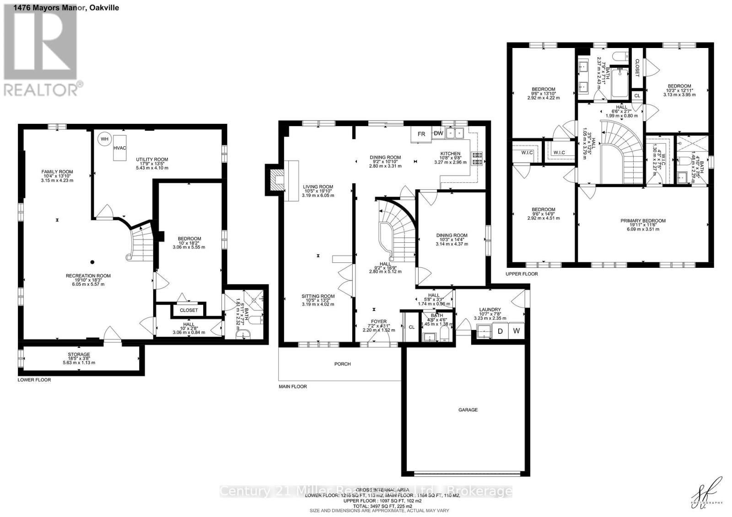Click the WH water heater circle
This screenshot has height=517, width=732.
click(x=105, y=139)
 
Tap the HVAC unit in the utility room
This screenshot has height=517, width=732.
click(x=120, y=148)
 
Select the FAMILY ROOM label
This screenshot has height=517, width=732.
click(x=57, y=172)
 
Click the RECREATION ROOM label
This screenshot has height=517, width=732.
click(x=88, y=276)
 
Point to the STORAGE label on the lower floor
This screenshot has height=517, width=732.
click(x=79, y=354)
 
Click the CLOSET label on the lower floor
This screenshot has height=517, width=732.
click(x=188, y=310)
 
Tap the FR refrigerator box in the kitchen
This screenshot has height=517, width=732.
click(x=421, y=134)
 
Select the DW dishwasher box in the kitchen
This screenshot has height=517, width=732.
click(x=438, y=133)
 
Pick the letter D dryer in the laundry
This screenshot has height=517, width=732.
click(x=500, y=331)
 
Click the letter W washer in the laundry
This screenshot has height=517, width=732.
click(x=516, y=331)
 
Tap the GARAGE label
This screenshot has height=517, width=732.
click(x=468, y=410)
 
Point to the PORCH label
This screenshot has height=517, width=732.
click(x=342, y=364)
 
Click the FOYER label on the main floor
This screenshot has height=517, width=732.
click(x=379, y=321)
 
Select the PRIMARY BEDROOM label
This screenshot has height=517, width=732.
click(x=643, y=221)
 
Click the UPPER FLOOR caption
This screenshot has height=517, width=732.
click(x=522, y=274)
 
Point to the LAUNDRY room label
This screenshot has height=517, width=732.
click(x=490, y=309)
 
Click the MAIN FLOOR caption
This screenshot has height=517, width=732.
click(x=293, y=386)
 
